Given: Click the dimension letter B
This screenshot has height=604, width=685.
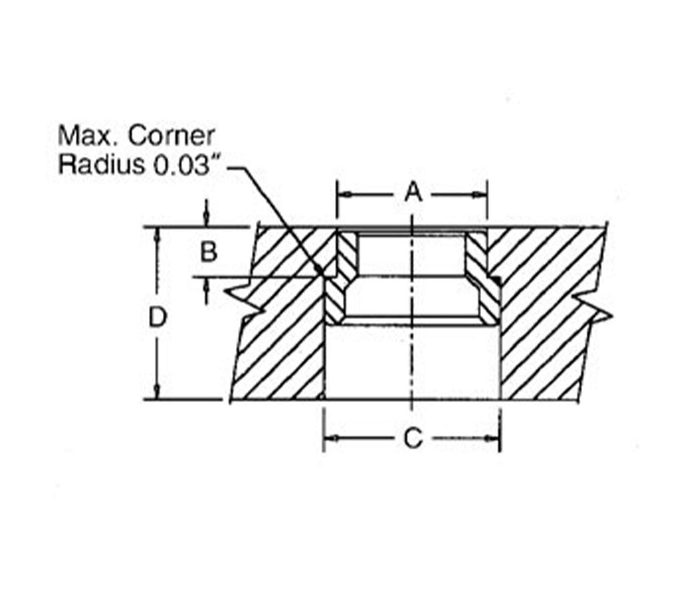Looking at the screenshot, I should point(209,251).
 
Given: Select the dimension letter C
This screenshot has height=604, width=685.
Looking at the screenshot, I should point(412,438).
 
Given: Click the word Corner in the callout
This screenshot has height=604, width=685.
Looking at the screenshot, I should point(171,136).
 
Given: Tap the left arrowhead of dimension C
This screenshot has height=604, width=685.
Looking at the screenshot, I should point(330,438).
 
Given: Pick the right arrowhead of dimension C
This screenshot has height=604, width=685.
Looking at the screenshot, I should point(494,438).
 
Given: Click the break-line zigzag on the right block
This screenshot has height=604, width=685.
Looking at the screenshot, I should point(594,309).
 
